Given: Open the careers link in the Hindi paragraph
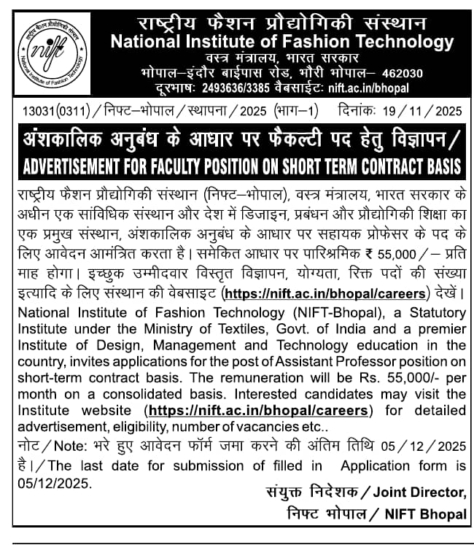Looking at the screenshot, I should point(325,294).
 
